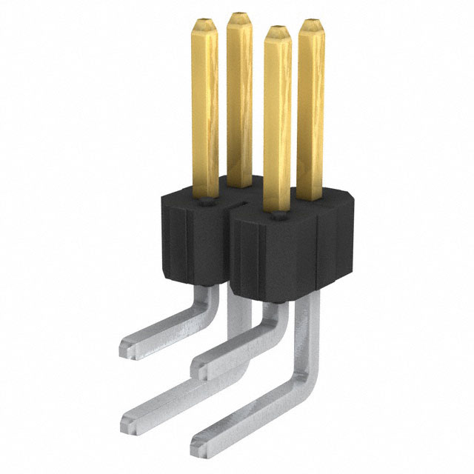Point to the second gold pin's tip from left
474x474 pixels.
(238, 16)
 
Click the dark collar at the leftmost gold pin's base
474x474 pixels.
(205, 198)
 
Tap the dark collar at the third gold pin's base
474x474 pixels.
(278, 216)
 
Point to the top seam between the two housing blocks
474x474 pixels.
(236, 201)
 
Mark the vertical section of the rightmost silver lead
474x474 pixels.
(304, 333)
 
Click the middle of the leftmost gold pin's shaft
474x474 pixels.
(205, 111)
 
